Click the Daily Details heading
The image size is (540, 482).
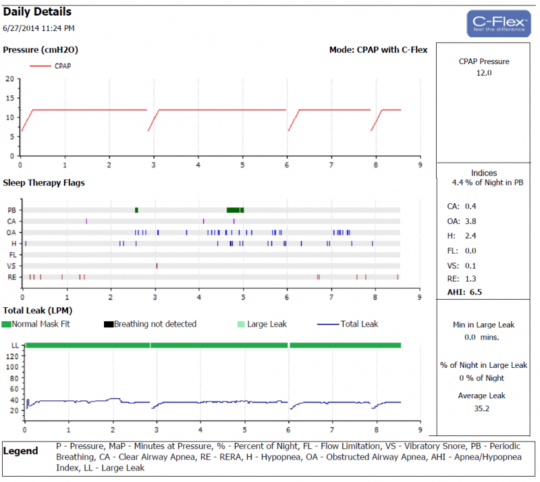coord(37,12)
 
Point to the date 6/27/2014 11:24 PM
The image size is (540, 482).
coord(38,28)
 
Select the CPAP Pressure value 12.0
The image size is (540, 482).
coord(484,72)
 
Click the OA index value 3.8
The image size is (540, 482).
coord(471,221)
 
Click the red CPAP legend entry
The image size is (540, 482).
coord(51,66)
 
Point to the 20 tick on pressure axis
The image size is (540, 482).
coord(9,78)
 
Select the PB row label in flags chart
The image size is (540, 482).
coord(11,210)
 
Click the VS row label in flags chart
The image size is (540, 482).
coord(11,266)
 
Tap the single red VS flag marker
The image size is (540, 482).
coord(157,266)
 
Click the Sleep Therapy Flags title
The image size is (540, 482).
coord(44,182)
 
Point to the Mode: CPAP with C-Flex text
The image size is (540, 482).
coord(378,50)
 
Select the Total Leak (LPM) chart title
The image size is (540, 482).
coord(38,310)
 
